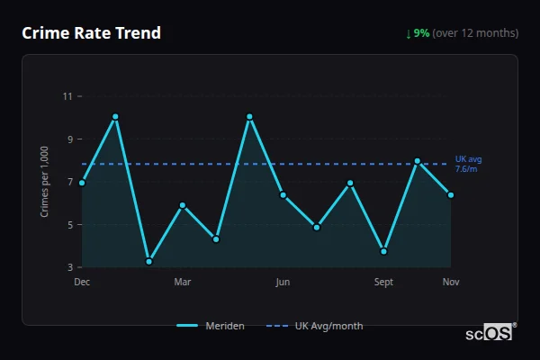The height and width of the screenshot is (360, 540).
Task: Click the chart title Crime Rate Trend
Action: [x=91, y=33]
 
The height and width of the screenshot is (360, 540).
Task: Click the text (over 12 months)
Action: [x=475, y=33]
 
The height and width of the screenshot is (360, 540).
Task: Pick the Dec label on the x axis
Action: [x=82, y=283]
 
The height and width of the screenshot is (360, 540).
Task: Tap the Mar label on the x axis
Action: [x=183, y=283]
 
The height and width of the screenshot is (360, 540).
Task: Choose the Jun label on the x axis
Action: [x=283, y=283]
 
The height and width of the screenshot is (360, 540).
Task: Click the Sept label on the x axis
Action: [x=384, y=283]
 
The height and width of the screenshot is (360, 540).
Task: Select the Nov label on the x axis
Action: [x=451, y=283]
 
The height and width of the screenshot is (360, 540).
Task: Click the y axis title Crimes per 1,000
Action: [x=45, y=182]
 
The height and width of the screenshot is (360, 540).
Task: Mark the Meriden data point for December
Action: [x=82, y=183]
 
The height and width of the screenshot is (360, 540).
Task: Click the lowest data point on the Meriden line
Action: [x=148, y=262]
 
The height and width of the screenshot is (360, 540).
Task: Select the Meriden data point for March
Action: [x=183, y=205]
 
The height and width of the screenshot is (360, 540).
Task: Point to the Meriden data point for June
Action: [x=283, y=195]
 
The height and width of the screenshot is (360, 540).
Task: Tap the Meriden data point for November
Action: [x=451, y=195]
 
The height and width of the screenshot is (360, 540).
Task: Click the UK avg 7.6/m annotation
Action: [x=468, y=164]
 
